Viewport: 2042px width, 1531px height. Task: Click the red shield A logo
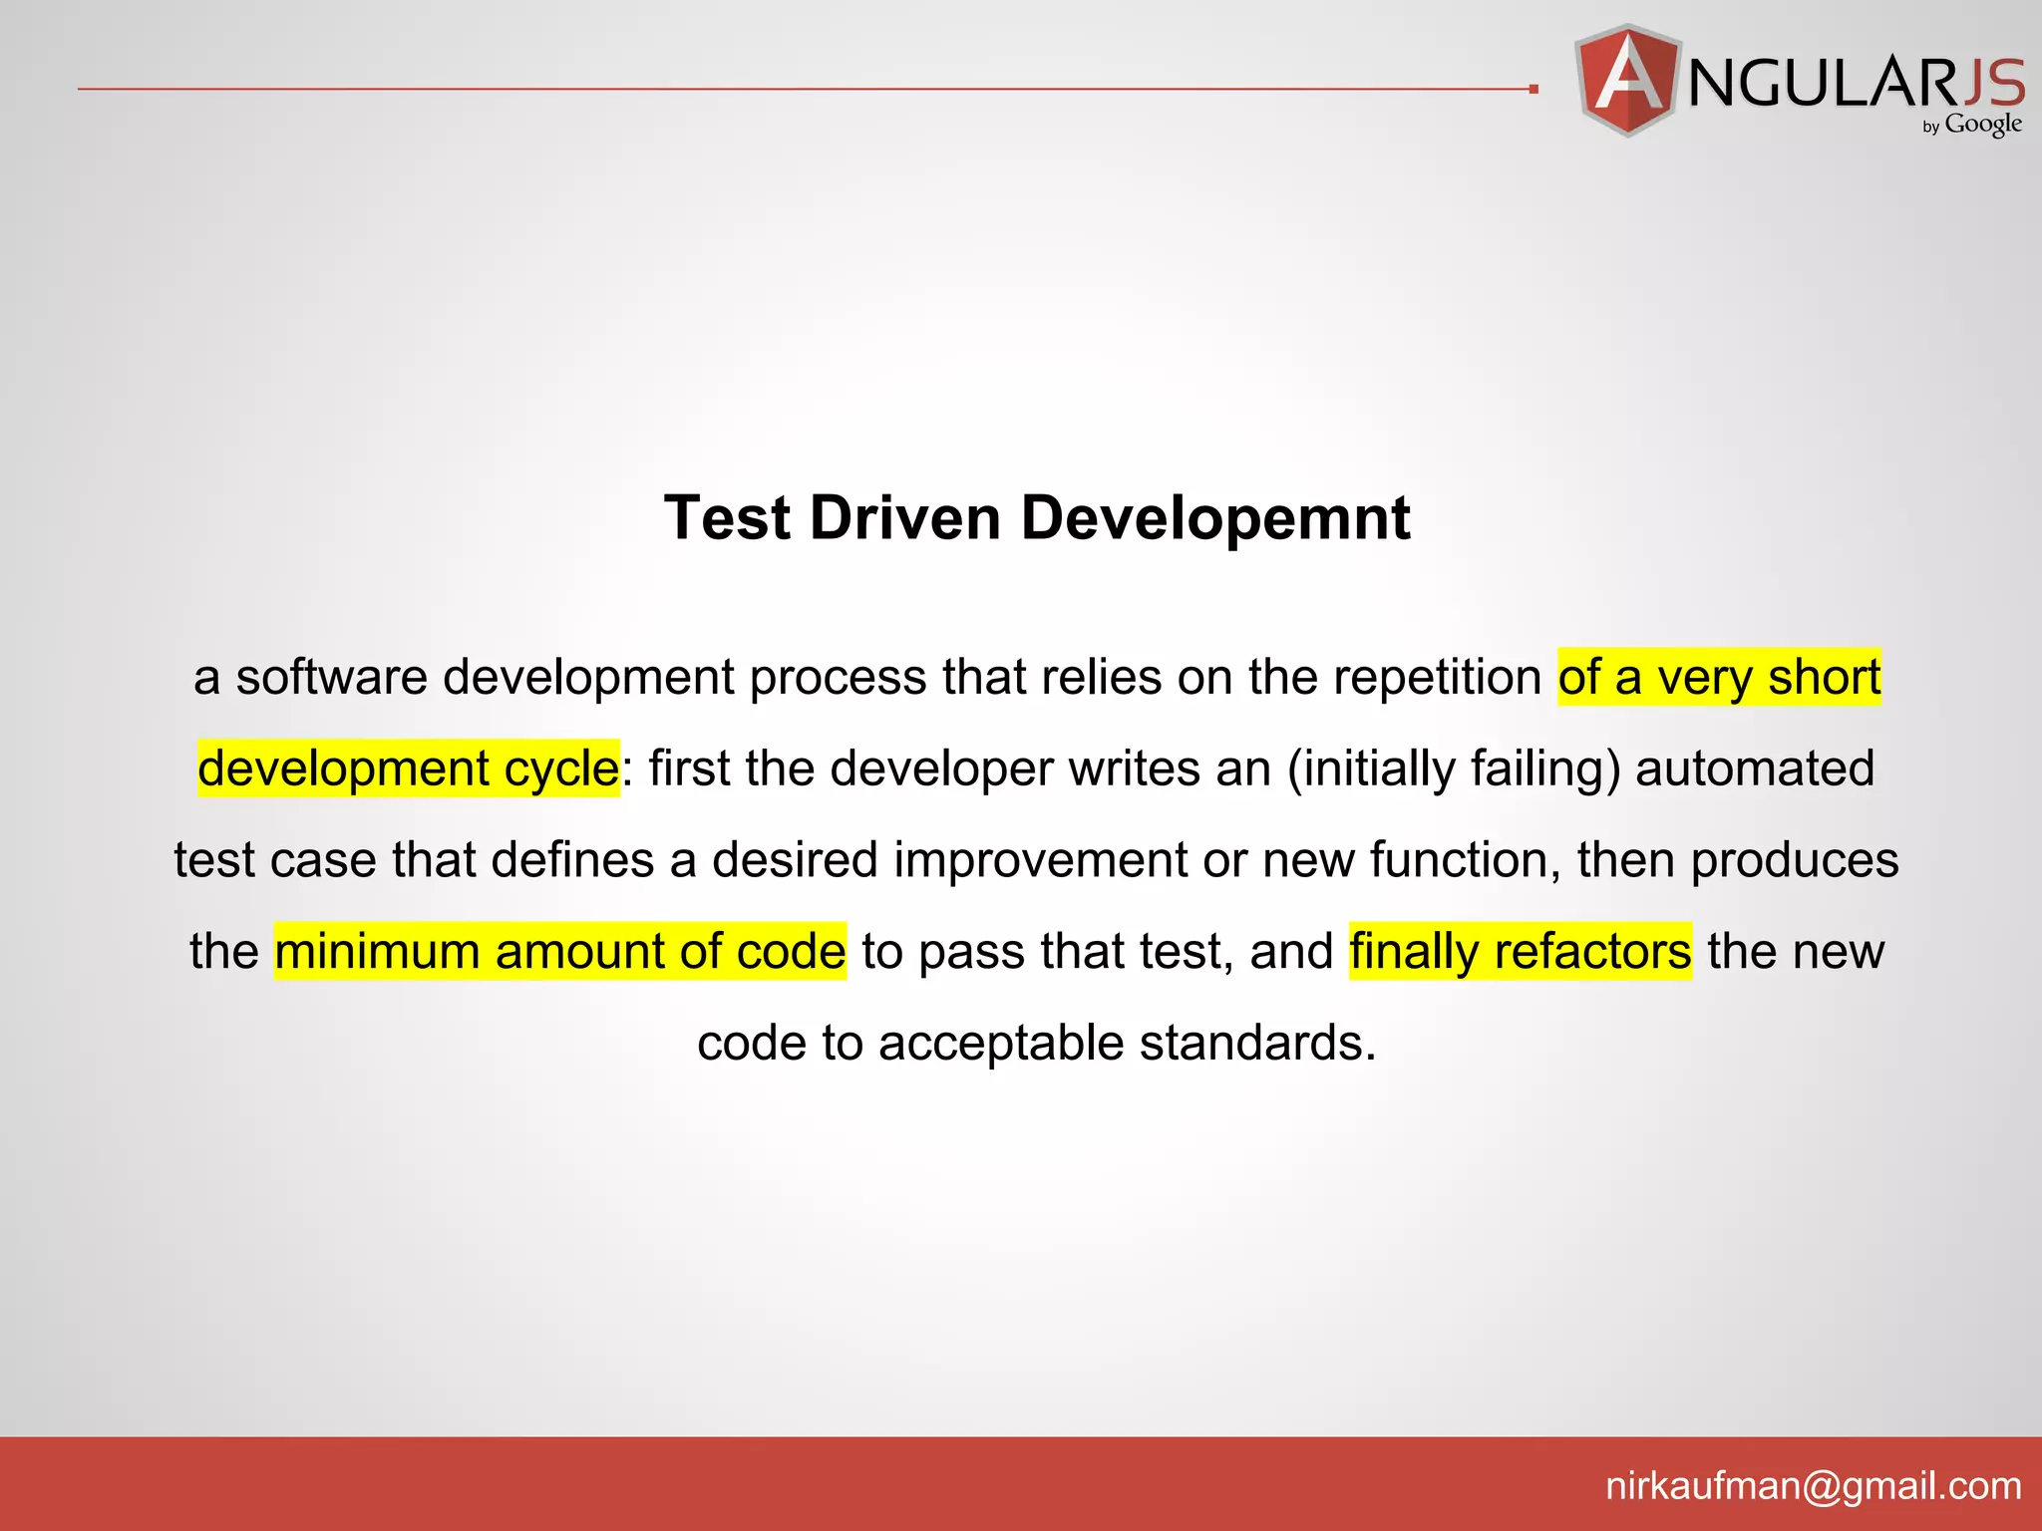point(1627,80)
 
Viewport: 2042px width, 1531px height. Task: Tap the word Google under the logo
point(1983,125)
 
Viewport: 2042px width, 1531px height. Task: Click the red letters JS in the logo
point(1993,83)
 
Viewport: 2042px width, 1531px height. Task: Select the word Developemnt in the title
point(1215,518)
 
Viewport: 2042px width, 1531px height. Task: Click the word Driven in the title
point(904,518)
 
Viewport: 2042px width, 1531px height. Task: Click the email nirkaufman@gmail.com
point(1813,1486)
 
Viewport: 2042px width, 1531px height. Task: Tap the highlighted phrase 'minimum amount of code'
point(560,951)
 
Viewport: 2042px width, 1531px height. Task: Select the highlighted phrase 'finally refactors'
point(1521,951)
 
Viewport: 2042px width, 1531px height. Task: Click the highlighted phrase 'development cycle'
point(409,768)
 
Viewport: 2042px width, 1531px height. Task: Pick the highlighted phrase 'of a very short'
point(1720,678)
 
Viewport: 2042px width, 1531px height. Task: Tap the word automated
point(1755,768)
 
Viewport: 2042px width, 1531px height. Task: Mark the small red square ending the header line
point(1533,90)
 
